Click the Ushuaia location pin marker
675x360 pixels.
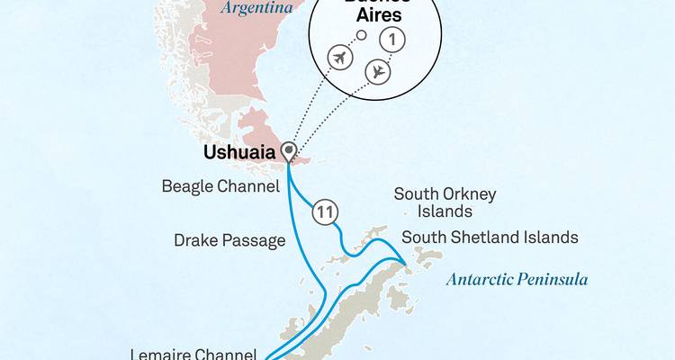point(289,150)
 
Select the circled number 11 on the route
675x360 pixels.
point(326,213)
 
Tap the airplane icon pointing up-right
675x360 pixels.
point(340,58)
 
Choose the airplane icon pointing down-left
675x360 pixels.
point(378,72)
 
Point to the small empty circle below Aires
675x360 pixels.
point(362,36)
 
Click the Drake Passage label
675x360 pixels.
point(230,240)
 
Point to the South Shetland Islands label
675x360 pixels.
point(490,238)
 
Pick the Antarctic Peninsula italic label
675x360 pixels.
point(517,280)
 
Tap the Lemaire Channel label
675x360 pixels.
point(193,354)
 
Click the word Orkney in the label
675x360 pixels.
point(472,193)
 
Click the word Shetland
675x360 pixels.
point(490,238)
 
